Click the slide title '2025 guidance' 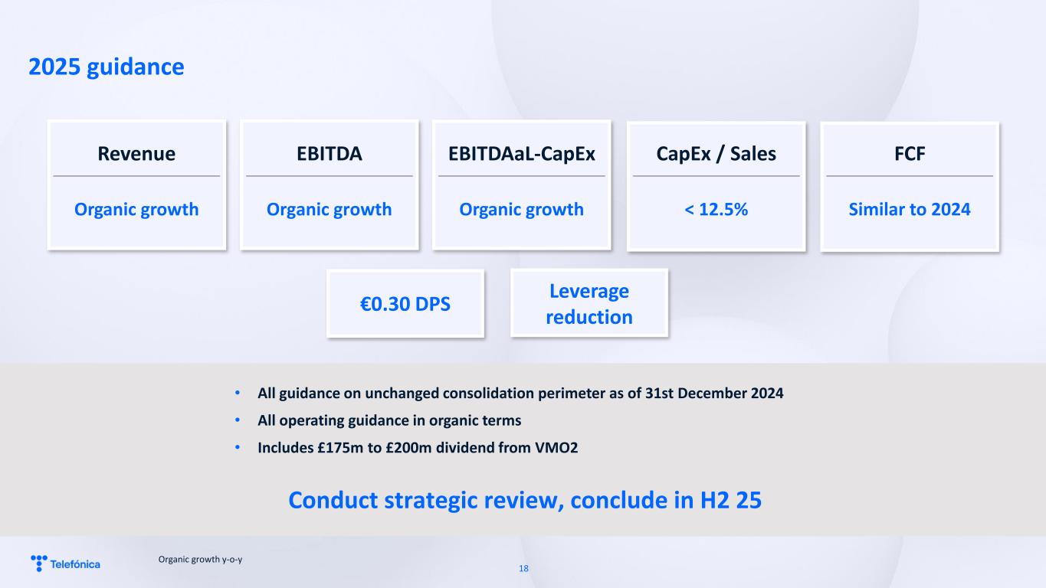[107, 67]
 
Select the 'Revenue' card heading [136, 154]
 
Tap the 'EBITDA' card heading [330, 154]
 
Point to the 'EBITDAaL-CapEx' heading [522, 154]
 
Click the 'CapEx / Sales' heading [716, 154]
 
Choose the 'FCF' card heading [910, 154]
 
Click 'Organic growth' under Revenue [136, 210]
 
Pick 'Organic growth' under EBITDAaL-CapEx [522, 210]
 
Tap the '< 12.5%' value [716, 209]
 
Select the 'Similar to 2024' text [910, 209]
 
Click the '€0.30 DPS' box [405, 304]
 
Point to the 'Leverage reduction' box [589, 303]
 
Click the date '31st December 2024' [714, 394]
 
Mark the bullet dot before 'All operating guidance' [238, 420]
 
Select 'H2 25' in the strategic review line [731, 500]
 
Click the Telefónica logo [65, 563]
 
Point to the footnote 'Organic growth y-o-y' [200, 560]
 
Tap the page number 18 [523, 568]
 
